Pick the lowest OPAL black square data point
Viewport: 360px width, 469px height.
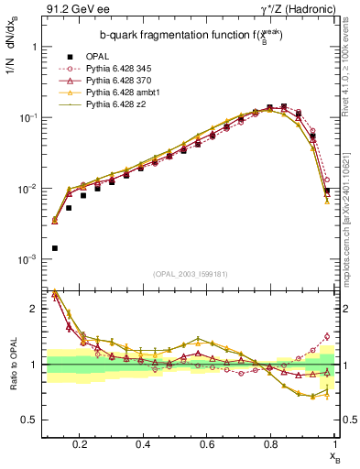point(55,248)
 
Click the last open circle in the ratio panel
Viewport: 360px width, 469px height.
point(327,336)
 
